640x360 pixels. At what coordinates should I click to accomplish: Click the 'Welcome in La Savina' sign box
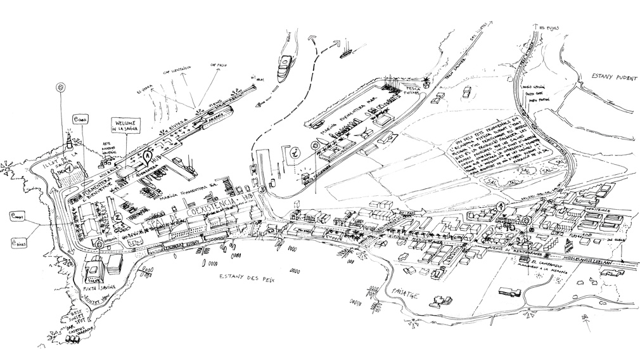tap(125, 125)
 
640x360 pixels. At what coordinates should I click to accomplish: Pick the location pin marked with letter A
tap(147, 154)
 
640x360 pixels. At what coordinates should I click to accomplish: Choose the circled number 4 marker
tap(501, 206)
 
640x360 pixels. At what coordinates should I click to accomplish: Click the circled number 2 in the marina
tap(118, 215)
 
